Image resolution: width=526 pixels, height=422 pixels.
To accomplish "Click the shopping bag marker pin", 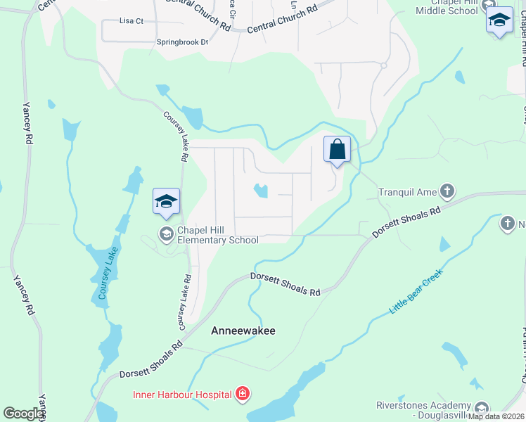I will (338, 149).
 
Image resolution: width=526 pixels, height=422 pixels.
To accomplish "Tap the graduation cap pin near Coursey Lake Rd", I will (167, 201).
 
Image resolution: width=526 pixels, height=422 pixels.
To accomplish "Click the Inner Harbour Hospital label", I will (182, 394).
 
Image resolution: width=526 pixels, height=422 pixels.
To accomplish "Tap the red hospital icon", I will (243, 394).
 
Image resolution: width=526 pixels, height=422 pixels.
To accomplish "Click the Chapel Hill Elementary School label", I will (217, 235).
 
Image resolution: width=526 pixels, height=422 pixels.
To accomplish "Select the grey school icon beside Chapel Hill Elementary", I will (167, 234).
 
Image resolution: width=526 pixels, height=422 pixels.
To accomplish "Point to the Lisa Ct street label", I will (131, 21).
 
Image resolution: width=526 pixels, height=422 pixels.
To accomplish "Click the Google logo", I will (23, 414).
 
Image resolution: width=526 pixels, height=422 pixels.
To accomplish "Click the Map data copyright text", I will (496, 416).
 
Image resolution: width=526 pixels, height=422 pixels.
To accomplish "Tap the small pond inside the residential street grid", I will (260, 191).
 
